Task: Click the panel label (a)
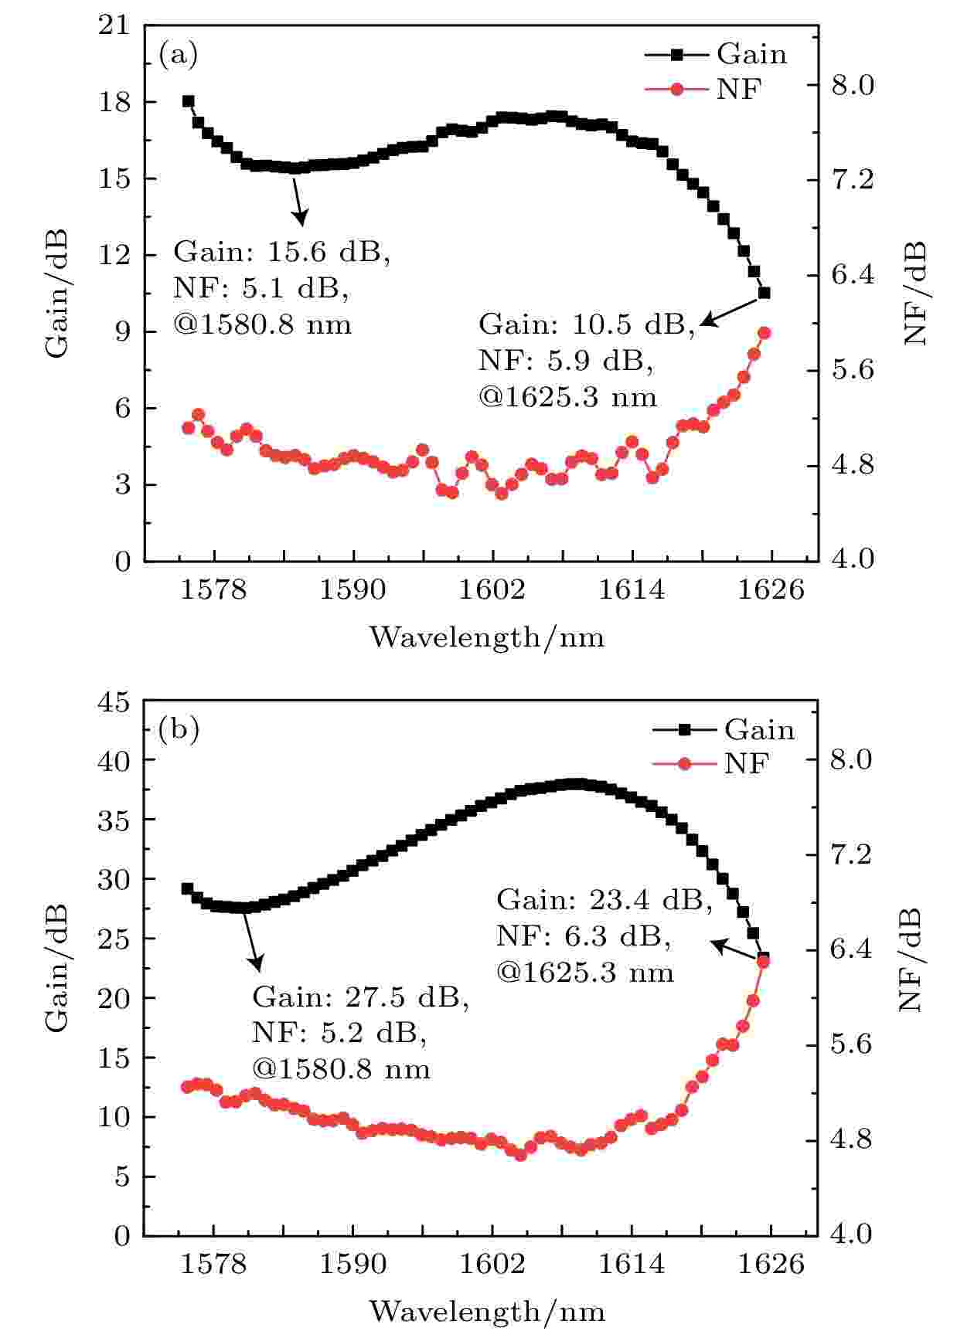click(178, 55)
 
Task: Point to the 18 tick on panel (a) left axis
click(117, 102)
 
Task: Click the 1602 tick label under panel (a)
click(492, 590)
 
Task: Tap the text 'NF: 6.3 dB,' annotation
click(583, 936)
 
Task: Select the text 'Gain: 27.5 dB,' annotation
click(360, 997)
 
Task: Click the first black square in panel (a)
click(188, 101)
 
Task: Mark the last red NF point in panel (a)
click(765, 333)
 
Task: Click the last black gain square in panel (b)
click(764, 958)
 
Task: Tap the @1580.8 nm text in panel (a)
click(263, 324)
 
